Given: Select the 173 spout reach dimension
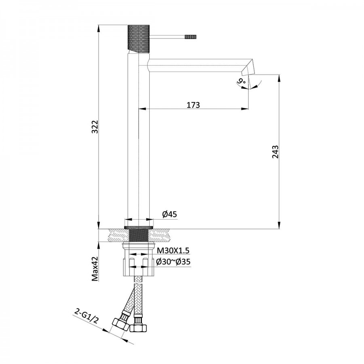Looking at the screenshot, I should pos(193,105).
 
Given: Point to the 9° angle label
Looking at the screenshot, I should pos(242,82).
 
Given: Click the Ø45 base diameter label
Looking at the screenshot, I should pos(170,215).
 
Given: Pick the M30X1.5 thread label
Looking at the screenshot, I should pos(173,251).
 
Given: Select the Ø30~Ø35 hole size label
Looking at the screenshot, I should pos(173,262).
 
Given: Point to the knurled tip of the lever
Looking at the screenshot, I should pos(190,36).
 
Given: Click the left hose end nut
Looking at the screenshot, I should pos(120,324).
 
